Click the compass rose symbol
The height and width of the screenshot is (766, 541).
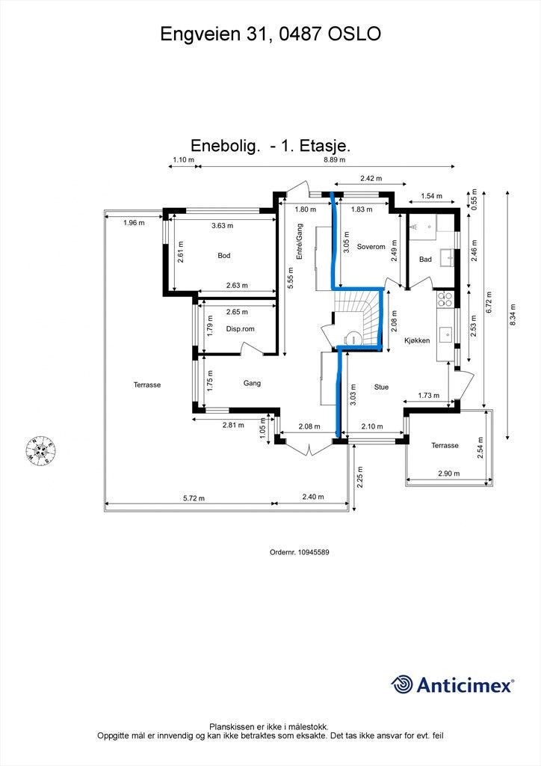[x=40, y=450]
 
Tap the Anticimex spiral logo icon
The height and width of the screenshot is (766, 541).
[x=402, y=684]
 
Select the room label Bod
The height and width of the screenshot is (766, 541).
[x=224, y=256]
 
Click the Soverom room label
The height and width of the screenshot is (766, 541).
[x=371, y=247]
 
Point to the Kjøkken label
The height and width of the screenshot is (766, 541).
[x=417, y=340]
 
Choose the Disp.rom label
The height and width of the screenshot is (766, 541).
[x=240, y=329]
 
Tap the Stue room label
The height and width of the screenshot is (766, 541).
[x=381, y=387]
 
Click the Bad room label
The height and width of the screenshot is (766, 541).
[x=425, y=260]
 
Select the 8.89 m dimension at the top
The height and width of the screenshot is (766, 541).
[x=335, y=160]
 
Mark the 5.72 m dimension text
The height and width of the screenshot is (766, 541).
[x=194, y=498]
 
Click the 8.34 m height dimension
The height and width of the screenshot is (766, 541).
[x=512, y=316]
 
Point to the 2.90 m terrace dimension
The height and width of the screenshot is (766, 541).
[x=449, y=474]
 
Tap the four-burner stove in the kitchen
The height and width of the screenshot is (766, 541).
[x=446, y=299]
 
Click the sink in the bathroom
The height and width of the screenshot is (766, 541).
[x=448, y=257]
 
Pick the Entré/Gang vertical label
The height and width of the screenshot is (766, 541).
[x=299, y=242]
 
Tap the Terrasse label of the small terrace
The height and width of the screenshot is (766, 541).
[x=445, y=446]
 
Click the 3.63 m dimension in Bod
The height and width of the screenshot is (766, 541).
[x=223, y=226]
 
